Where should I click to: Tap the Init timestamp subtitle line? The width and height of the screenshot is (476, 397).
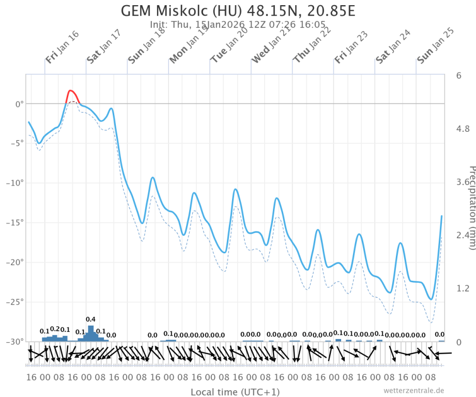coord(238,24)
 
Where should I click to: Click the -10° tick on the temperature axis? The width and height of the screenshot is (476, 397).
coord(14,183)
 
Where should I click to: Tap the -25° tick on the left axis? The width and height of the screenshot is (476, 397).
coord(14,302)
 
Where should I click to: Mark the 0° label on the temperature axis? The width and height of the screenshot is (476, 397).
coord(19,104)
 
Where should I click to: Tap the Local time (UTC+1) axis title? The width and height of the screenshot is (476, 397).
coord(235,392)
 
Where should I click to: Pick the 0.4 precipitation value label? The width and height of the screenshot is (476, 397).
coord(90,319)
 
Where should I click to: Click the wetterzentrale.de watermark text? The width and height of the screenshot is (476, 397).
coord(413,390)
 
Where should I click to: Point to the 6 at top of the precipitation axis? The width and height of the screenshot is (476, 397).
coord(458,75)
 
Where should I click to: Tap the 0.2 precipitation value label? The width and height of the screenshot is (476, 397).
coord(55,329)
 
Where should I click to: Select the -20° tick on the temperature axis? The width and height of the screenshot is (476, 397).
coord(14,262)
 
